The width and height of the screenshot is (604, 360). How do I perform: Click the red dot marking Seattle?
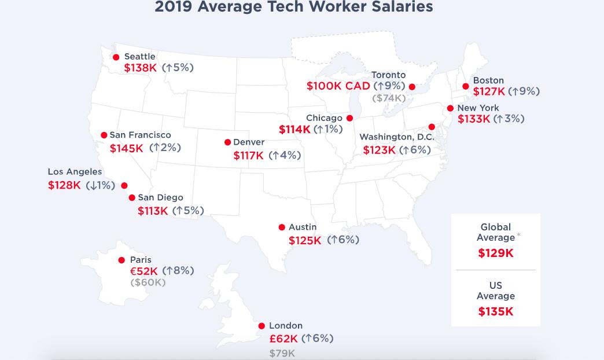[116, 57]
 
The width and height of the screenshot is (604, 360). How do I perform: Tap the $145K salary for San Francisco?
[126, 148]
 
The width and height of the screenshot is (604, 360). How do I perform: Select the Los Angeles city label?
[75, 172]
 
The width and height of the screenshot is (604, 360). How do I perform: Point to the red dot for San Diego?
[132, 198]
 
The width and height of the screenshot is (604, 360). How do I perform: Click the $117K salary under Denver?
[248, 156]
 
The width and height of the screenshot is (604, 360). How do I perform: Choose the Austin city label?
[303, 227]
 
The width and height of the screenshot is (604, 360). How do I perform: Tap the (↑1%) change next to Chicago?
[328, 130]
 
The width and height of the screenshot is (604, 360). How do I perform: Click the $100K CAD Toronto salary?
[338, 86]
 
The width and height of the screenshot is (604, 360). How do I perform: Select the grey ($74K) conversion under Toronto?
[389, 98]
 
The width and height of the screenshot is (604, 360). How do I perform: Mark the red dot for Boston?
[466, 87]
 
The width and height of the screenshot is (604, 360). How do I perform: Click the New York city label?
[478, 108]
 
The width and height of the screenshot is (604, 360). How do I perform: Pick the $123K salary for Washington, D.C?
[379, 150]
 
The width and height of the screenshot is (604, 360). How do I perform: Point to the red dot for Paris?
[121, 260]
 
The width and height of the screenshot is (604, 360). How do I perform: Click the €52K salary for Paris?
[144, 271]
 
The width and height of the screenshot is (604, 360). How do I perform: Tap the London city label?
[285, 326]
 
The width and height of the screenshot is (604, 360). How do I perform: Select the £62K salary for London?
[283, 339]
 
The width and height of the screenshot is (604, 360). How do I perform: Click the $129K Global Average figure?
[496, 254]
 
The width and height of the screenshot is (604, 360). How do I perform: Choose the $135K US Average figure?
[496, 312]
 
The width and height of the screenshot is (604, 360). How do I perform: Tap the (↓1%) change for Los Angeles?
[100, 186]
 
